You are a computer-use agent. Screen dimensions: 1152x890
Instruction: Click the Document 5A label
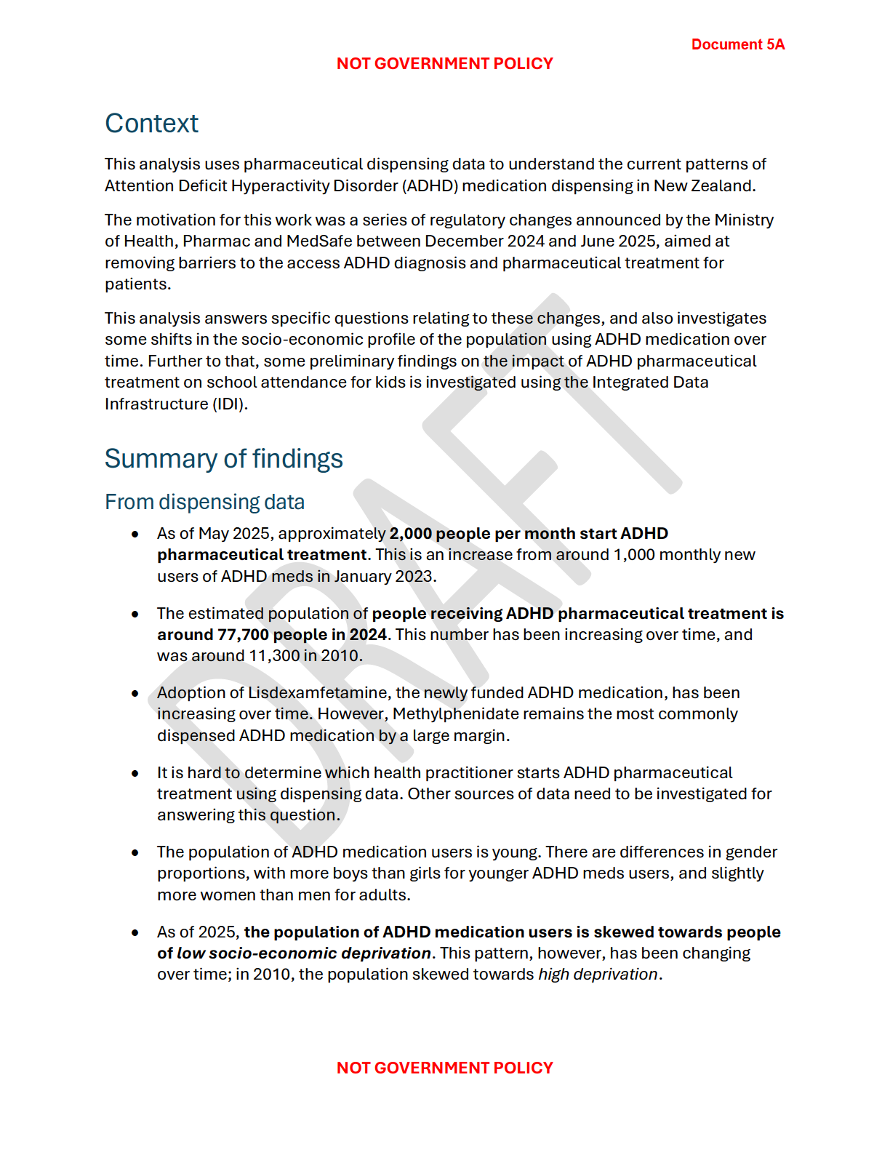coord(737,44)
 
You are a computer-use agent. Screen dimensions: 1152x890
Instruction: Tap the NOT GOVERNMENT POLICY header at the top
coord(444,64)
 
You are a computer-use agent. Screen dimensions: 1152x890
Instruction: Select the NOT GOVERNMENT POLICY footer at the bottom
coord(444,1068)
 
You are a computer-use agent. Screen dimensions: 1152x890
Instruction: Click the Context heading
coord(151,124)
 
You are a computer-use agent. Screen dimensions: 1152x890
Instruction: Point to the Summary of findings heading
coord(223,459)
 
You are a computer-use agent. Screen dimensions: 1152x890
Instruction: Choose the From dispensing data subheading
coord(204,502)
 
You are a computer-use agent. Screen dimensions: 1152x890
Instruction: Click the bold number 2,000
coord(411,533)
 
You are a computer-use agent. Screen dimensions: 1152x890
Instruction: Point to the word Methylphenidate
coord(456,713)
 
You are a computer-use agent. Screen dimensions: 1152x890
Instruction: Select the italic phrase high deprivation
coord(598,974)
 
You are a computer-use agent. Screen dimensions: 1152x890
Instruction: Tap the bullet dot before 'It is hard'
coord(135,773)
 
